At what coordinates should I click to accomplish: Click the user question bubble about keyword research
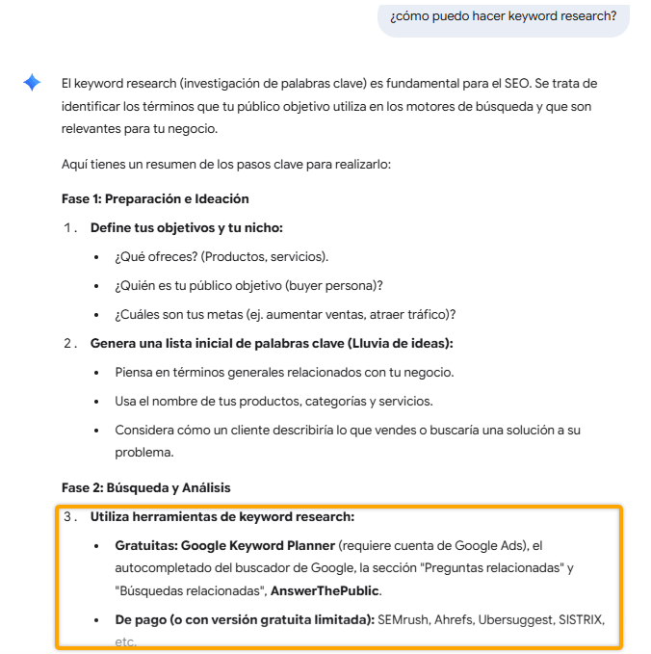click(x=503, y=16)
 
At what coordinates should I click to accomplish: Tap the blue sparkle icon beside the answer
click(x=32, y=83)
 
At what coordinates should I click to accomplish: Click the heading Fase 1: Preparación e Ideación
click(x=155, y=198)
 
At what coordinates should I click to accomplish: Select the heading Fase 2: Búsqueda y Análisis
click(x=145, y=487)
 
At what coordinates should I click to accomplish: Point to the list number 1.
click(x=68, y=227)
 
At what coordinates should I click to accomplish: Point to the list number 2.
click(x=68, y=343)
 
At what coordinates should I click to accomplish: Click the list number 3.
click(x=68, y=516)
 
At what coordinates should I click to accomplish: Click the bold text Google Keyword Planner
click(x=258, y=545)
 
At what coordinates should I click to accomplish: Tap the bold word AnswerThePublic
click(x=325, y=590)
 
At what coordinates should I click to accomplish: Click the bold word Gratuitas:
click(x=145, y=545)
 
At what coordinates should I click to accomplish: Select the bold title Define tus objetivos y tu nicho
click(x=186, y=227)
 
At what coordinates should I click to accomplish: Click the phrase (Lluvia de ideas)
click(x=402, y=343)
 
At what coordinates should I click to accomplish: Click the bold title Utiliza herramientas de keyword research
click(x=222, y=516)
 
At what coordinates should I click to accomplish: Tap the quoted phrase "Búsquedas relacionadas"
click(x=191, y=590)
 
